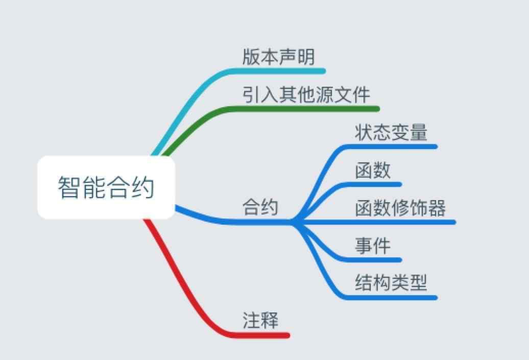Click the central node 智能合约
click(x=106, y=187)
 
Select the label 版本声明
click(x=279, y=57)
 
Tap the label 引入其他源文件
click(x=306, y=94)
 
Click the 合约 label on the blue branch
click(x=260, y=207)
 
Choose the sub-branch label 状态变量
click(x=391, y=132)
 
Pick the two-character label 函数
click(x=373, y=170)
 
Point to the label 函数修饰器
click(x=400, y=208)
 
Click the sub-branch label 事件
click(x=373, y=246)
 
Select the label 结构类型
click(x=391, y=283)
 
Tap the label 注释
click(x=260, y=321)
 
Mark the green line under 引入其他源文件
click(x=304, y=109)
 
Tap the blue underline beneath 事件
click(x=371, y=260)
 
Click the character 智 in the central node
click(x=69, y=187)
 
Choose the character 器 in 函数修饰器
click(x=437, y=208)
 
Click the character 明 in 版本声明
click(x=306, y=57)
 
